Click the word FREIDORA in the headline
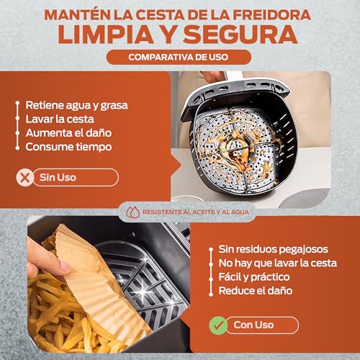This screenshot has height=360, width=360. [x=272, y=14]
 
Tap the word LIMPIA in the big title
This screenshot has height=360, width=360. [x=106, y=35]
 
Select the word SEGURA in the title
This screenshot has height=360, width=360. [x=240, y=35]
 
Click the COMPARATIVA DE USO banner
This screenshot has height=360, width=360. [x=179, y=57]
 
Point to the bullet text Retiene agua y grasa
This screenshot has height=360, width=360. [x=77, y=106]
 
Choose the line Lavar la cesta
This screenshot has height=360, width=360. [x=60, y=120]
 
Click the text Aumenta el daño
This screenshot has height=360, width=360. [x=68, y=133]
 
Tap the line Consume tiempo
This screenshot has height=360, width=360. [x=68, y=147]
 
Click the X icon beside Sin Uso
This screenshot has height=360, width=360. [x=24, y=178]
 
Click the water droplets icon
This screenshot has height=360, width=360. [x=133, y=212]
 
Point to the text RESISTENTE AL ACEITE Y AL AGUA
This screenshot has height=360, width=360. [x=196, y=212]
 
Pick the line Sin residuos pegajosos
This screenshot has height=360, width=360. [x=274, y=249]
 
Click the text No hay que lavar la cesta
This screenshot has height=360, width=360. [x=278, y=263]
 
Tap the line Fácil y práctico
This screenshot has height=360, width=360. [x=254, y=277]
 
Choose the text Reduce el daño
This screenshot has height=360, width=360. [x=256, y=291]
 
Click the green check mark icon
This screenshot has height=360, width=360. [x=218, y=325]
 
